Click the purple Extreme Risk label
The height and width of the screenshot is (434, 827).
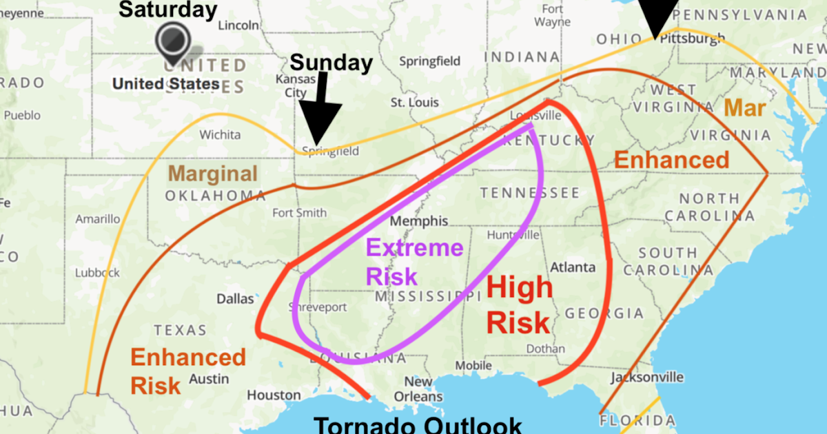413,262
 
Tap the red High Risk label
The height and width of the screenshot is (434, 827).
519,304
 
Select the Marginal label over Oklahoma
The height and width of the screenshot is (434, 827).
213,174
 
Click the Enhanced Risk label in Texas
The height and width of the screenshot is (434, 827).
187,371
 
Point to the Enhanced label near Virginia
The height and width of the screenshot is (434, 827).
671,160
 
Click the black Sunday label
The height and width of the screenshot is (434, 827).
331,63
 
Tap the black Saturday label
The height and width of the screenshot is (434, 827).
167,10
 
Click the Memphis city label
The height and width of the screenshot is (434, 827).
419,222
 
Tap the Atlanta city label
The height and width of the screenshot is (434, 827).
573,267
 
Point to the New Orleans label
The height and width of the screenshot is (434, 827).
418,389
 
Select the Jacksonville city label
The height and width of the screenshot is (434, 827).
646,378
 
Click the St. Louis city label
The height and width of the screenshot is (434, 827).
414,103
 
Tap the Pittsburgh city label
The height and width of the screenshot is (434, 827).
692,39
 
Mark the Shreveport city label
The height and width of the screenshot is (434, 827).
318,307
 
